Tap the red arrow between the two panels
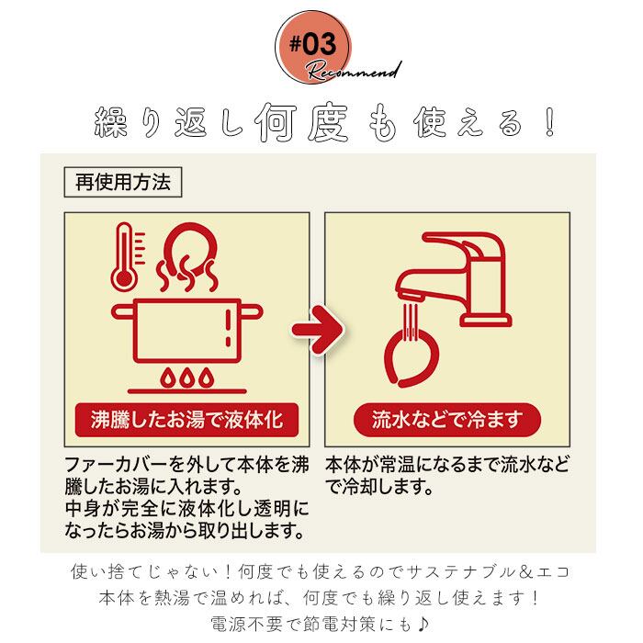tap(313, 326)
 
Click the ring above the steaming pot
tap(193, 247)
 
